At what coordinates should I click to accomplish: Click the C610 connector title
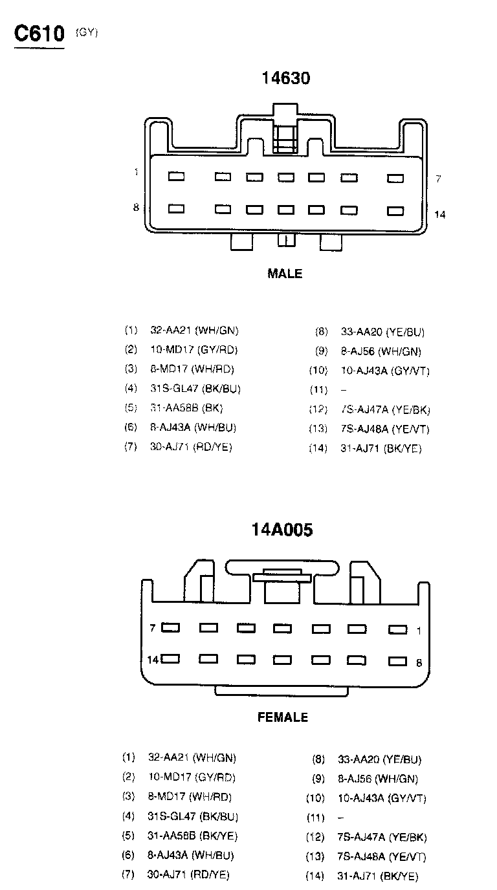pos(40,34)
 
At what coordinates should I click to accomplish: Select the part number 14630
pos(285,78)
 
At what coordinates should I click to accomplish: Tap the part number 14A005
pos(282,530)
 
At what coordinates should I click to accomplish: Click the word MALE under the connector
pos(285,274)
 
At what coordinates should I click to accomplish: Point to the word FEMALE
pos(283,717)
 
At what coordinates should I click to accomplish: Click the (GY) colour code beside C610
pos(87,32)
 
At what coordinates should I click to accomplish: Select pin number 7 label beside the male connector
pos(438,179)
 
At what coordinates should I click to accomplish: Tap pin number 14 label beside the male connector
pos(440,214)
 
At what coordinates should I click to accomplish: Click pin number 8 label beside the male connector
pos(136,208)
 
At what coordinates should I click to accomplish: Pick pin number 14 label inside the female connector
pos(153,660)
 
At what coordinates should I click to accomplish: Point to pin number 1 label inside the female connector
pos(419,630)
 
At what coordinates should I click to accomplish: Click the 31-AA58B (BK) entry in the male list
pos(186,408)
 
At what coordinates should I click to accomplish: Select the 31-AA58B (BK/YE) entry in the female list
pos(193,836)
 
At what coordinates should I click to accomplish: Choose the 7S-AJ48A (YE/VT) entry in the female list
pos(382,857)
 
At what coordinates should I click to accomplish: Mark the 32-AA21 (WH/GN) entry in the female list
pos(192,757)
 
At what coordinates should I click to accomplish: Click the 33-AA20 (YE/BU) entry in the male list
pos(382,332)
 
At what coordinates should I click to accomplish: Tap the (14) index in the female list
pos(315,876)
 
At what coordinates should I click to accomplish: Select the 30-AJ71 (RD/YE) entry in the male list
pos(191,447)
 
